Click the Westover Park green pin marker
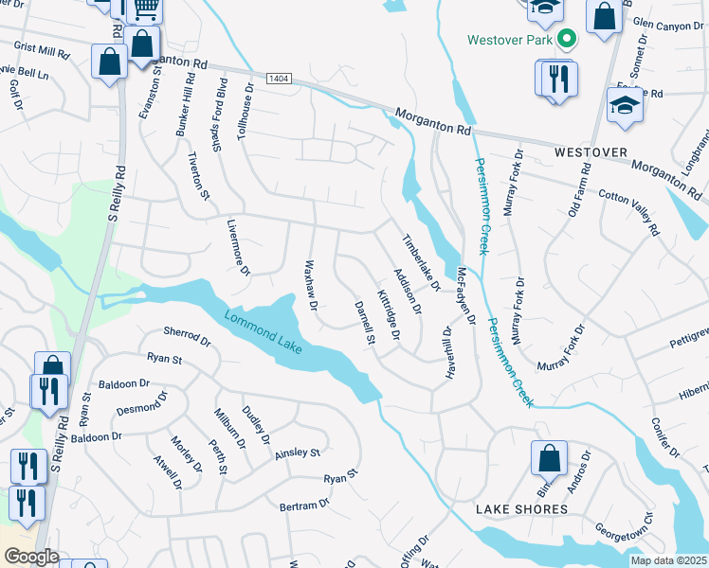(x=567, y=40)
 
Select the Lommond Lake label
(x=264, y=331)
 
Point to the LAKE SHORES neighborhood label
(x=521, y=509)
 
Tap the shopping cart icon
(x=145, y=9)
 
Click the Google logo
(x=30, y=557)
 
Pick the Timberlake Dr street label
(x=423, y=262)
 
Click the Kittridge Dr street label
(x=390, y=315)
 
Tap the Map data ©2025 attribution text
(x=668, y=560)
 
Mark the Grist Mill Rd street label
(x=43, y=50)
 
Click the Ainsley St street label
(x=298, y=454)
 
